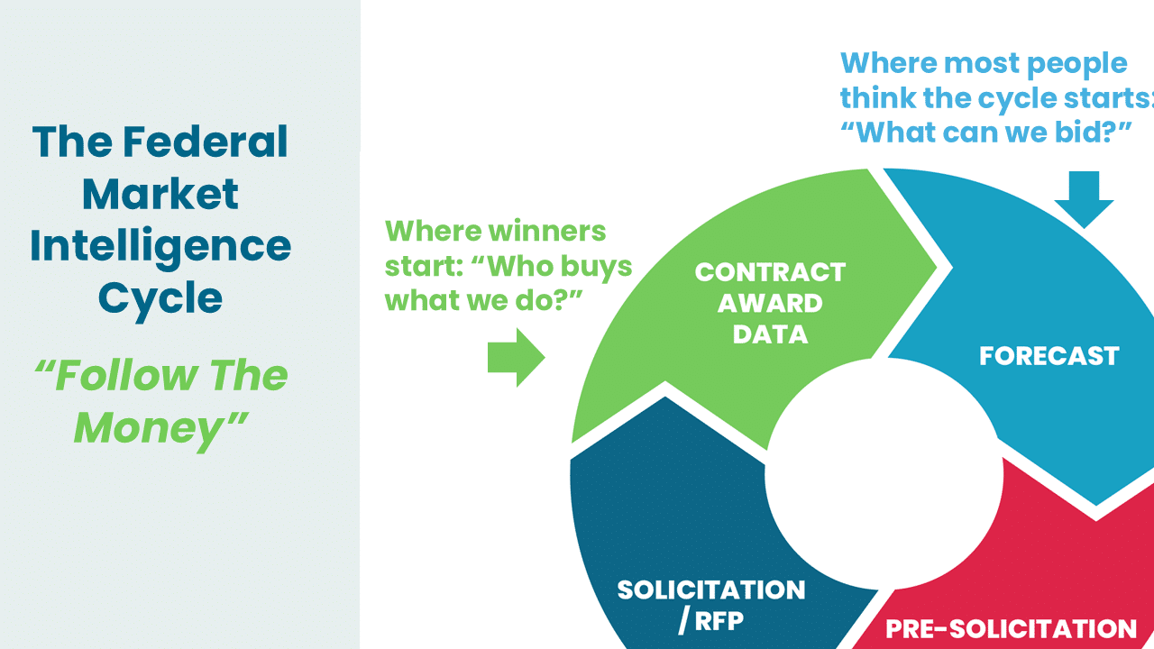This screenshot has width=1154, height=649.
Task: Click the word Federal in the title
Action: coord(205,142)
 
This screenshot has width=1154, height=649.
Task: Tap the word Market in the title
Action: coord(160,194)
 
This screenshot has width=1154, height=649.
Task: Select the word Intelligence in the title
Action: coord(160,247)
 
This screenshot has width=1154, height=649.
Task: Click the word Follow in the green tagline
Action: coord(124,375)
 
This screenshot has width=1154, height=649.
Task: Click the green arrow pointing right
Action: coord(517,358)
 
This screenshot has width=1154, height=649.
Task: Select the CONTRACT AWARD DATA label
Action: coord(770,303)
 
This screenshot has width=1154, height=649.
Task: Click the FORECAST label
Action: coord(1049,356)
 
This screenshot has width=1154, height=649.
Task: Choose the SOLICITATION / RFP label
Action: coord(711,606)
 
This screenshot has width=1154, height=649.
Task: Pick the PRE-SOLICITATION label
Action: coord(1011,629)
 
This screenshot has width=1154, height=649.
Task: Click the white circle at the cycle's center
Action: coord(884,474)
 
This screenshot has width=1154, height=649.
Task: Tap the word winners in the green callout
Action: coord(547,231)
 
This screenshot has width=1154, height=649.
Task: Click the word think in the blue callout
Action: coord(878,98)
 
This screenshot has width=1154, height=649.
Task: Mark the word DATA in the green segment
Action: coord(770,334)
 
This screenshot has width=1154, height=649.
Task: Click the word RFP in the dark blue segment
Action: coord(719,621)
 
